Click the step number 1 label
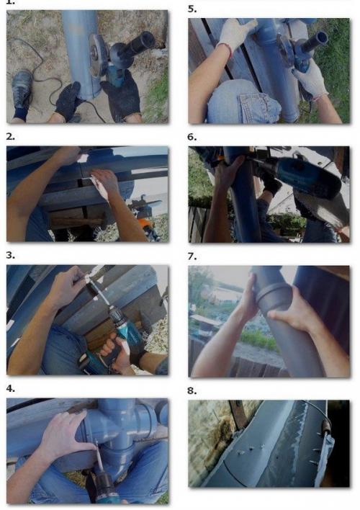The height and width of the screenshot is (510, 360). [x=10, y=2]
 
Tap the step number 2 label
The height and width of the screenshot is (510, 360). [x=10, y=137]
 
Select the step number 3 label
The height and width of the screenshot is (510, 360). [x=10, y=256]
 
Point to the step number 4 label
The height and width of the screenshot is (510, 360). [x=10, y=389]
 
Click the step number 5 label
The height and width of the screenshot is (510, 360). [x=192, y=9]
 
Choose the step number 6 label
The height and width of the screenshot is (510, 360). [x=192, y=138]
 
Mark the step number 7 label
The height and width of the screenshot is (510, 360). [x=192, y=256]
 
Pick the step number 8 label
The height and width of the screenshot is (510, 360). [x=192, y=390]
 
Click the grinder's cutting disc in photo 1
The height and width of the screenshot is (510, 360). [x=96, y=54]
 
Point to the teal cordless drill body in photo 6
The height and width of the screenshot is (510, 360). [x=307, y=177]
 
